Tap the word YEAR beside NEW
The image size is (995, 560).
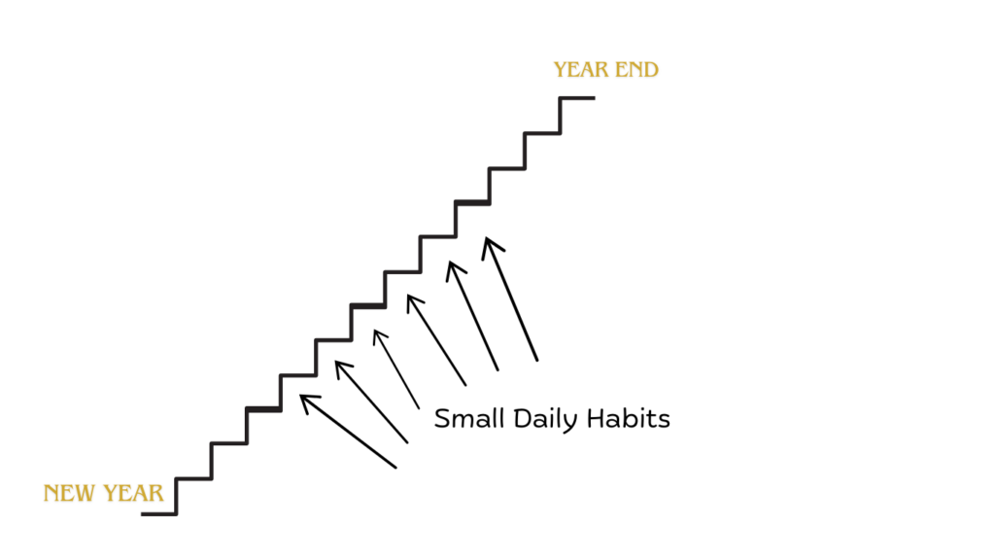tap(133, 493)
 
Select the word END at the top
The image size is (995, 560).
tap(636, 70)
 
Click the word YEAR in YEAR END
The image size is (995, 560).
tap(581, 70)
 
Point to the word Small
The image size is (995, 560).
tap(469, 418)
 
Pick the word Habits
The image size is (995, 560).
tap(629, 418)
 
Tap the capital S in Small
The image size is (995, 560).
tap(442, 419)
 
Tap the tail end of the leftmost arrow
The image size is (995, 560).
tap(396, 468)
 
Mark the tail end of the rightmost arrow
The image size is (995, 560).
tap(536, 360)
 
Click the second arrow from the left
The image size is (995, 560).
tap(371, 402)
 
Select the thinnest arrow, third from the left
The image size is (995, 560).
tap(396, 368)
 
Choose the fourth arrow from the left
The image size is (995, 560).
tap(436, 339)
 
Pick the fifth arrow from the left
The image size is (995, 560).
tap(473, 316)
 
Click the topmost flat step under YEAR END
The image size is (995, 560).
tap(577, 98)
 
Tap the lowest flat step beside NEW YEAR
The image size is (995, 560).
tap(158, 513)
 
